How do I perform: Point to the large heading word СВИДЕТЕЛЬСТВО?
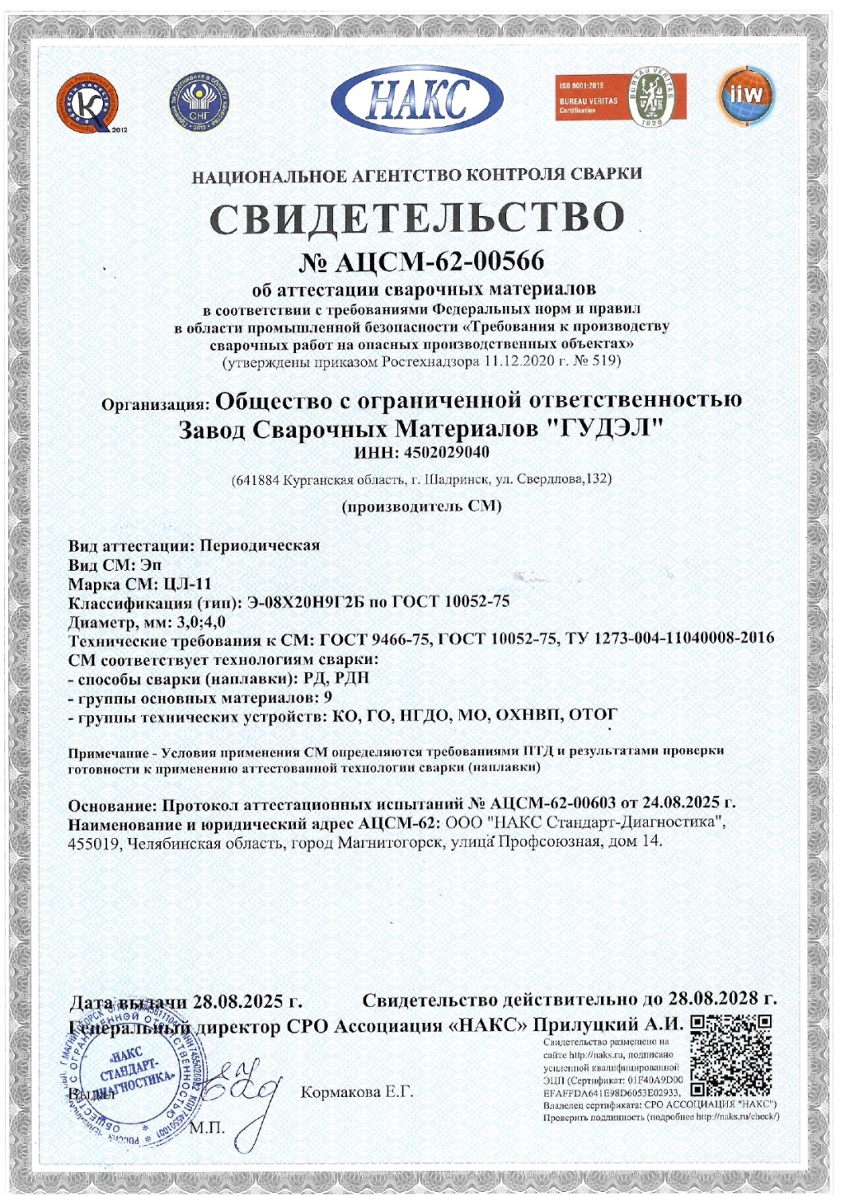[417, 218]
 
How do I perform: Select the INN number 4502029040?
[444, 452]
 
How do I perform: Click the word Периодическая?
[260, 545]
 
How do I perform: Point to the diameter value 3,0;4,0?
[199, 622]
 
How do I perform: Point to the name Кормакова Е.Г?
[357, 1092]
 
